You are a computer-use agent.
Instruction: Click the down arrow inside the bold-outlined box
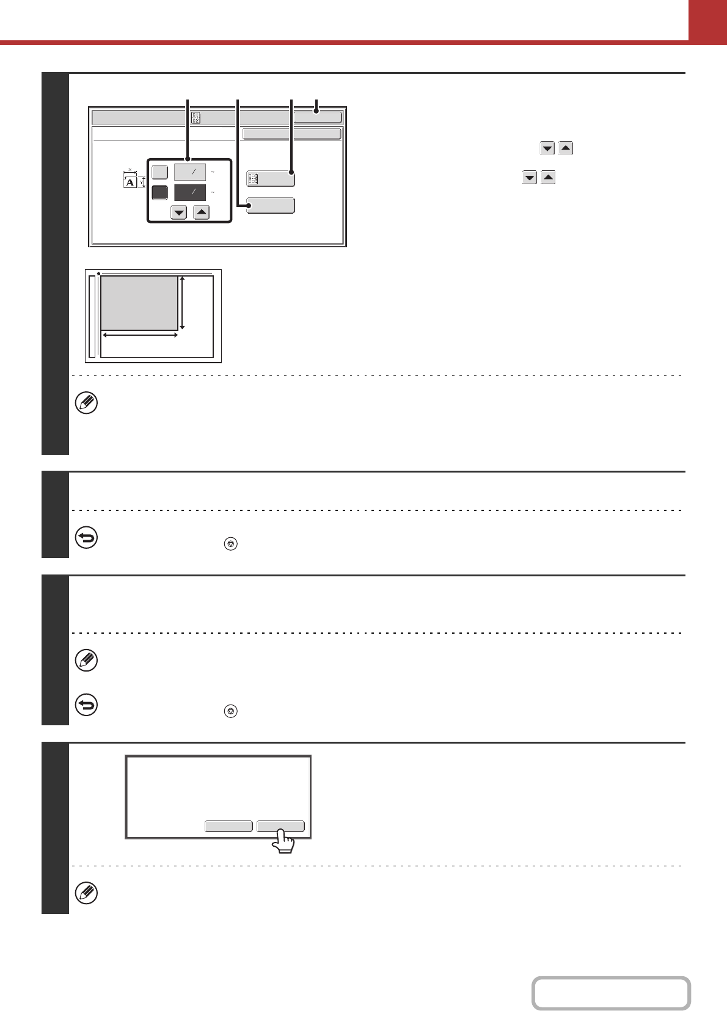click(x=179, y=212)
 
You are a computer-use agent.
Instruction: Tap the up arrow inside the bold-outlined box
click(x=202, y=212)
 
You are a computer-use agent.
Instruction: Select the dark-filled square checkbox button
click(x=159, y=192)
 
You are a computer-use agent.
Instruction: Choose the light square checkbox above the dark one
click(x=159, y=172)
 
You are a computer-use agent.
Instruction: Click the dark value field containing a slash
click(x=189, y=192)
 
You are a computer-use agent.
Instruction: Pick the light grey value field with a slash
click(x=189, y=172)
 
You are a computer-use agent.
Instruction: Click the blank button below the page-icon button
click(x=271, y=205)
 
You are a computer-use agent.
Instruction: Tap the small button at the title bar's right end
click(x=318, y=118)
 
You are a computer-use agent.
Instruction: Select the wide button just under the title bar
click(x=291, y=134)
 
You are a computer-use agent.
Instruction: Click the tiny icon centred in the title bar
click(x=195, y=118)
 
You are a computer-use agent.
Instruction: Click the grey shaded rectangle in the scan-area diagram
click(x=139, y=303)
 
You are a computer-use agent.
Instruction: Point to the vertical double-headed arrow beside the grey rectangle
click(x=183, y=303)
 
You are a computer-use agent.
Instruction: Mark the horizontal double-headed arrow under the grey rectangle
click(x=140, y=335)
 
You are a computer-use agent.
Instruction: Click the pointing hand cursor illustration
click(x=283, y=841)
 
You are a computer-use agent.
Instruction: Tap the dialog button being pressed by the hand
click(x=280, y=826)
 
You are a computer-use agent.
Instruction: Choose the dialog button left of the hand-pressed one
click(x=228, y=826)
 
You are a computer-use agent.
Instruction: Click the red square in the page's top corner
click(x=707, y=20)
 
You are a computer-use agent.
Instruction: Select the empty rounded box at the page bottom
click(x=611, y=993)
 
